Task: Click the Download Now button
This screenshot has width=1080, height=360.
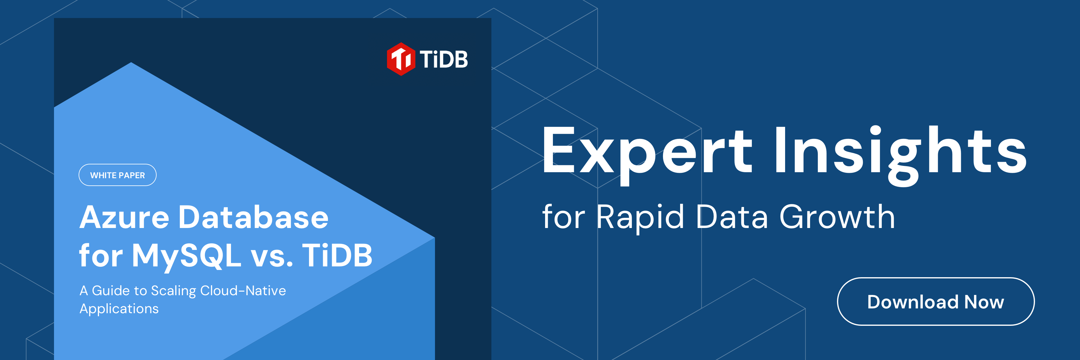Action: coord(935,301)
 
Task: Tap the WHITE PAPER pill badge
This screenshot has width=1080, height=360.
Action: coord(117,175)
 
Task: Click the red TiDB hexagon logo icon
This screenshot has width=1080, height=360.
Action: coord(401,59)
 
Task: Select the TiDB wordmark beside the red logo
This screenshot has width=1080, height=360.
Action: coord(444,59)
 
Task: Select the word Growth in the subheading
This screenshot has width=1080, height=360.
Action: coord(837,216)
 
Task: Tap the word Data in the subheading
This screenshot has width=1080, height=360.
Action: coord(732,216)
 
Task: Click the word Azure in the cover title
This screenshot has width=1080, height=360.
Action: coord(124,217)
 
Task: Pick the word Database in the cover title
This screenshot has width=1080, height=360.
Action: coord(253,217)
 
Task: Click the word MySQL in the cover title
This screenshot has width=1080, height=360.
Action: coord(187,256)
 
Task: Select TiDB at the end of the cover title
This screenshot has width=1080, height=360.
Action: coord(337,255)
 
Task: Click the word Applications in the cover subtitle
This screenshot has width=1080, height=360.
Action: coord(119,309)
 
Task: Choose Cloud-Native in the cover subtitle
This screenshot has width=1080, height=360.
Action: coord(243,290)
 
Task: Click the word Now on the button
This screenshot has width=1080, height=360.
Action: coord(984,302)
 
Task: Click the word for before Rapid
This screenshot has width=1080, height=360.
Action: coord(563,216)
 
